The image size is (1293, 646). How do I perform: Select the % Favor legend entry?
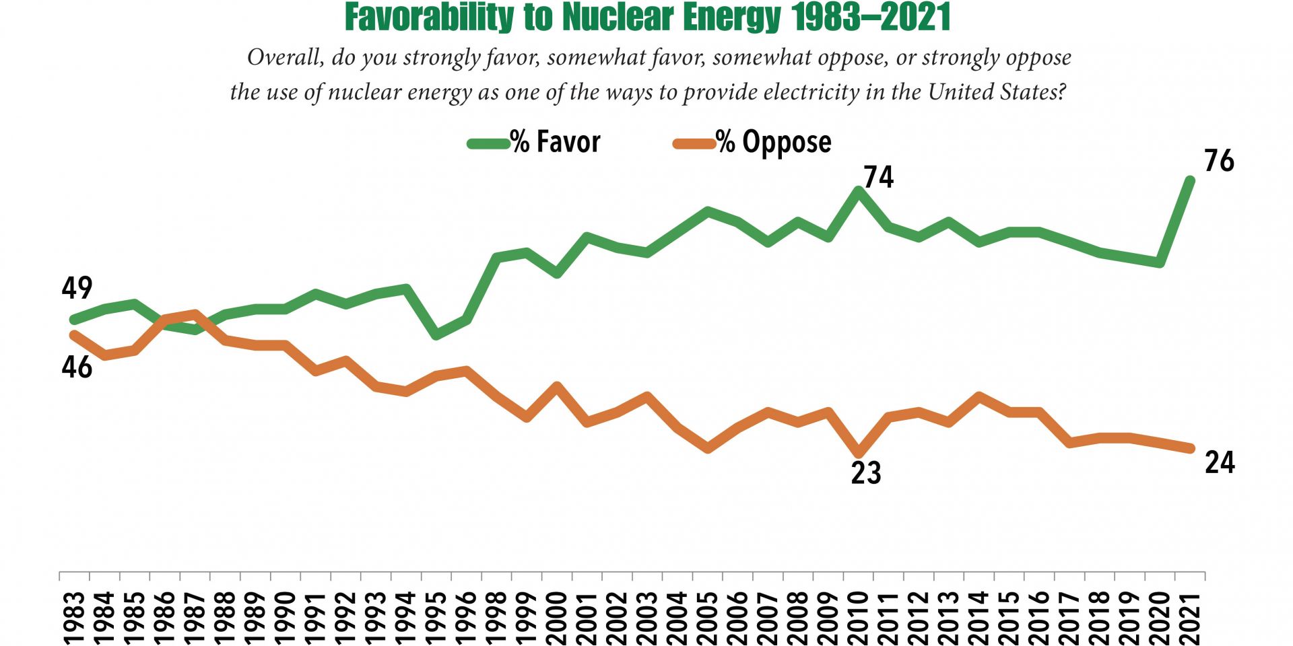tap(533, 142)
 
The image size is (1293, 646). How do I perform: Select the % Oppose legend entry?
tap(752, 142)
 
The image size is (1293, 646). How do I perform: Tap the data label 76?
tap(1219, 161)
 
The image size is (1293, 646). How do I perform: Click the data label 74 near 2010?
tap(879, 177)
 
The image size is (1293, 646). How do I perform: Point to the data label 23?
tap(866, 473)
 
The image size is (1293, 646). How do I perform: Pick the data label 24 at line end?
tap(1220, 463)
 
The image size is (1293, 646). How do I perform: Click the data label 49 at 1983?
tap(77, 288)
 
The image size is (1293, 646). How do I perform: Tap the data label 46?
tap(77, 367)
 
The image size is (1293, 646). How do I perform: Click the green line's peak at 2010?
tap(858, 190)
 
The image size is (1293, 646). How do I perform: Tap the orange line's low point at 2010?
tap(858, 453)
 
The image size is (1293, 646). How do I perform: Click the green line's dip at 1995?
tap(436, 334)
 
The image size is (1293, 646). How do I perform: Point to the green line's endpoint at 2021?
tap(1190, 180)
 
